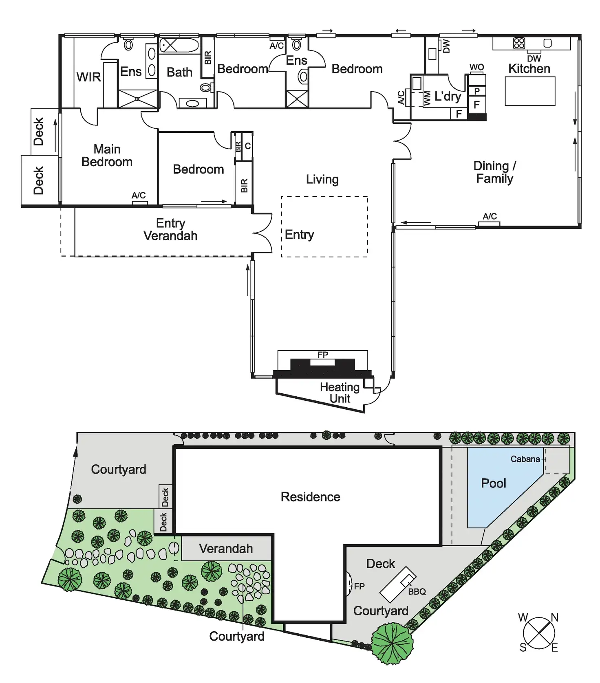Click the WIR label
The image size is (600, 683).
88,77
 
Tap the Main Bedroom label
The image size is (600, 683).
107,156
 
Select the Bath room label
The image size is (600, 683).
179,72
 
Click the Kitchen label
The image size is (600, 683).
529,69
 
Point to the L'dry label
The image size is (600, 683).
448,97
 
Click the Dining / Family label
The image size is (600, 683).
494,172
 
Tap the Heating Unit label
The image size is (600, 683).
340,393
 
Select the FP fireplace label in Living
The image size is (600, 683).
322,355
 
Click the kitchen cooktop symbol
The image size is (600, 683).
519,43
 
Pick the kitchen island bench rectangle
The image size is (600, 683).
530,91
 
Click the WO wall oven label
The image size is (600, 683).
476,67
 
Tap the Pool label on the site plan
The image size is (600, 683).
493,483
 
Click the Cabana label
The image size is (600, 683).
525,459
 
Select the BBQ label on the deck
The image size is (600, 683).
417,591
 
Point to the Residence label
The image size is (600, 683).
310,497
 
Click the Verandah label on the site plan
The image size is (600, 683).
226,549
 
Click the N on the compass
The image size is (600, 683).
554,618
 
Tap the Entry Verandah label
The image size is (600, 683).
170,229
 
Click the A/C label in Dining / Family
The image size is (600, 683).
490,216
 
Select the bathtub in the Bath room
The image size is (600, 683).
179,45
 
